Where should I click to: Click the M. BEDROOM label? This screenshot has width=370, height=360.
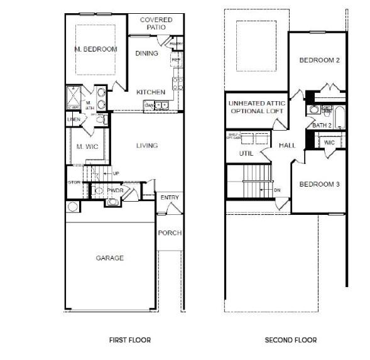pyautogui.click(x=95, y=49)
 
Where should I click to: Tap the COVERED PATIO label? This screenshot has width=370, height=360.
pyautogui.click(x=156, y=24)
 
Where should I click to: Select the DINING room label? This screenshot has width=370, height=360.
pyautogui.click(x=146, y=53)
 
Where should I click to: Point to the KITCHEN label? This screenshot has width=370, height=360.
pyautogui.click(x=151, y=92)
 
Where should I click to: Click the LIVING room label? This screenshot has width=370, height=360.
pyautogui.click(x=147, y=146)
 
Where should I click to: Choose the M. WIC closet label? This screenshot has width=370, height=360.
pyautogui.click(x=85, y=146)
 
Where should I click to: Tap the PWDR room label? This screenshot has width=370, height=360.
pyautogui.click(x=114, y=190)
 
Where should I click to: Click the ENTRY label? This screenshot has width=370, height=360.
pyautogui.click(x=170, y=197)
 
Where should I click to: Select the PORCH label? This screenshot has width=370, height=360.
pyautogui.click(x=170, y=232)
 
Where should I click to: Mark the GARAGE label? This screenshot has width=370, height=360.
pyautogui.click(x=109, y=258)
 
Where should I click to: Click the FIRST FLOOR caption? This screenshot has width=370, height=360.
pyautogui.click(x=129, y=340)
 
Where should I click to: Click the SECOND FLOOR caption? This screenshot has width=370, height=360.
pyautogui.click(x=290, y=340)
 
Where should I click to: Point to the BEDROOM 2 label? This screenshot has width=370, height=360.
pyautogui.click(x=319, y=60)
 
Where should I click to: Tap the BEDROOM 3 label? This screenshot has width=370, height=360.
pyautogui.click(x=319, y=184)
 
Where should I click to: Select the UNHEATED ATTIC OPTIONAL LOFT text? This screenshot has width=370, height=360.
pyautogui.click(x=256, y=107)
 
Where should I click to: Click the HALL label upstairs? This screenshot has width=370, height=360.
pyautogui.click(x=287, y=145)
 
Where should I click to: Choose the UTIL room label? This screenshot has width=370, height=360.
pyautogui.click(x=246, y=153)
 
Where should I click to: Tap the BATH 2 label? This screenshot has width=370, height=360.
pyautogui.click(x=322, y=126)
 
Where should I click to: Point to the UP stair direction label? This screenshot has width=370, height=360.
pyautogui.click(x=116, y=173)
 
